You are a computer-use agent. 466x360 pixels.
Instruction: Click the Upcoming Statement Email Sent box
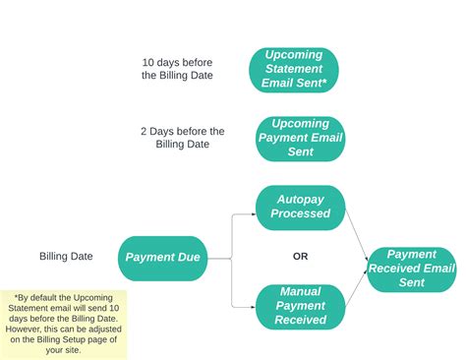pyautogui.click(x=293, y=69)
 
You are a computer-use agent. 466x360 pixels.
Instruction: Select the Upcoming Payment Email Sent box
pyautogui.click(x=300, y=139)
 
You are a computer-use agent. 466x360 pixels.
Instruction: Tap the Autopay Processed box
pyautogui.click(x=300, y=207)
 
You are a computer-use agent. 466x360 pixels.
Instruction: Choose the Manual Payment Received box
pyautogui.click(x=300, y=306)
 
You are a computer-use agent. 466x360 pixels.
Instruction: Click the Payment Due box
pyautogui.click(x=162, y=258)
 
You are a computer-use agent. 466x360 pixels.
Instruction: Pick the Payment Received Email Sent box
pyautogui.click(x=411, y=268)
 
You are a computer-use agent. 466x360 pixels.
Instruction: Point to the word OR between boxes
pyautogui.click(x=300, y=257)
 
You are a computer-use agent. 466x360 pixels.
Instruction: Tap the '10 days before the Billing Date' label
pyautogui.click(x=179, y=69)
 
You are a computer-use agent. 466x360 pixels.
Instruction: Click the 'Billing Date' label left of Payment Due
pyautogui.click(x=66, y=257)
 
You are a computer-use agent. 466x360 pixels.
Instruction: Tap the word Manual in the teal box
pyautogui.click(x=300, y=292)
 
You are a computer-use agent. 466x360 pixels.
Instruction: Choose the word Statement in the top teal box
pyautogui.click(x=293, y=69)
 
